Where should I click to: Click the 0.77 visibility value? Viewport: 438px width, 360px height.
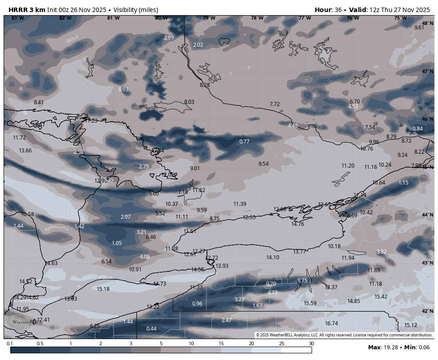[x=244, y=142]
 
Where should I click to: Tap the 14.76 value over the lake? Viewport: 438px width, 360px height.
[x=298, y=224]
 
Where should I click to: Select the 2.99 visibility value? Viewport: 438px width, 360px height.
[x=169, y=38]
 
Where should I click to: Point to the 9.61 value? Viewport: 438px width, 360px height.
[x=419, y=28]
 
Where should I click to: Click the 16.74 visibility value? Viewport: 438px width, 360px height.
[x=332, y=323]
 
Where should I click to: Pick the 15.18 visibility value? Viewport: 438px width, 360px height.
[x=103, y=289]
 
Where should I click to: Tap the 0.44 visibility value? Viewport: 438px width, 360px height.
[x=151, y=329]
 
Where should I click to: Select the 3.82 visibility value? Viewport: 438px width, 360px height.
[x=381, y=252]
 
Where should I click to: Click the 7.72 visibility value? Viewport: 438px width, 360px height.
[x=275, y=104]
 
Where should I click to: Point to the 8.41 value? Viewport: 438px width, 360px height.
[x=39, y=102]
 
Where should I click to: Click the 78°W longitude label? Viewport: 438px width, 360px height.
[x=257, y=18]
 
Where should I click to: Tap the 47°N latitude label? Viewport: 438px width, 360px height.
[x=427, y=71]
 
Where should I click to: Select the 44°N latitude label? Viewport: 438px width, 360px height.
[x=427, y=215]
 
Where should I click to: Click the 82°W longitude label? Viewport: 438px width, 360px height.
[x=65, y=18]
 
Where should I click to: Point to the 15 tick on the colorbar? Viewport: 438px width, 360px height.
[x=221, y=344]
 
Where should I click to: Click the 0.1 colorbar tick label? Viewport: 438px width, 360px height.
[x=10, y=344]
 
